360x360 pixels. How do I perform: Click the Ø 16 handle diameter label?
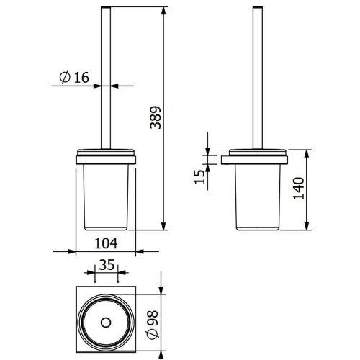(74, 77)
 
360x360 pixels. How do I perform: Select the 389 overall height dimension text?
(156, 117)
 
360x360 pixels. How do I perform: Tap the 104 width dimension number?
(106, 243)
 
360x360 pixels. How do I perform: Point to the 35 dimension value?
(107, 265)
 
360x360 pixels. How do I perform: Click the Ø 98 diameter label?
(153, 325)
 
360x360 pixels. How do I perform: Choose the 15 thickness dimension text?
(199, 177)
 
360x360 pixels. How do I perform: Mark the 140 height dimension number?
(299, 189)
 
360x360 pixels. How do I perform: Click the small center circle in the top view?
(106, 323)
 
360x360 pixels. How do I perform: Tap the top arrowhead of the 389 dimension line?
(163, 11)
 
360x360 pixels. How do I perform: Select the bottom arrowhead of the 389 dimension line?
(163, 226)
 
